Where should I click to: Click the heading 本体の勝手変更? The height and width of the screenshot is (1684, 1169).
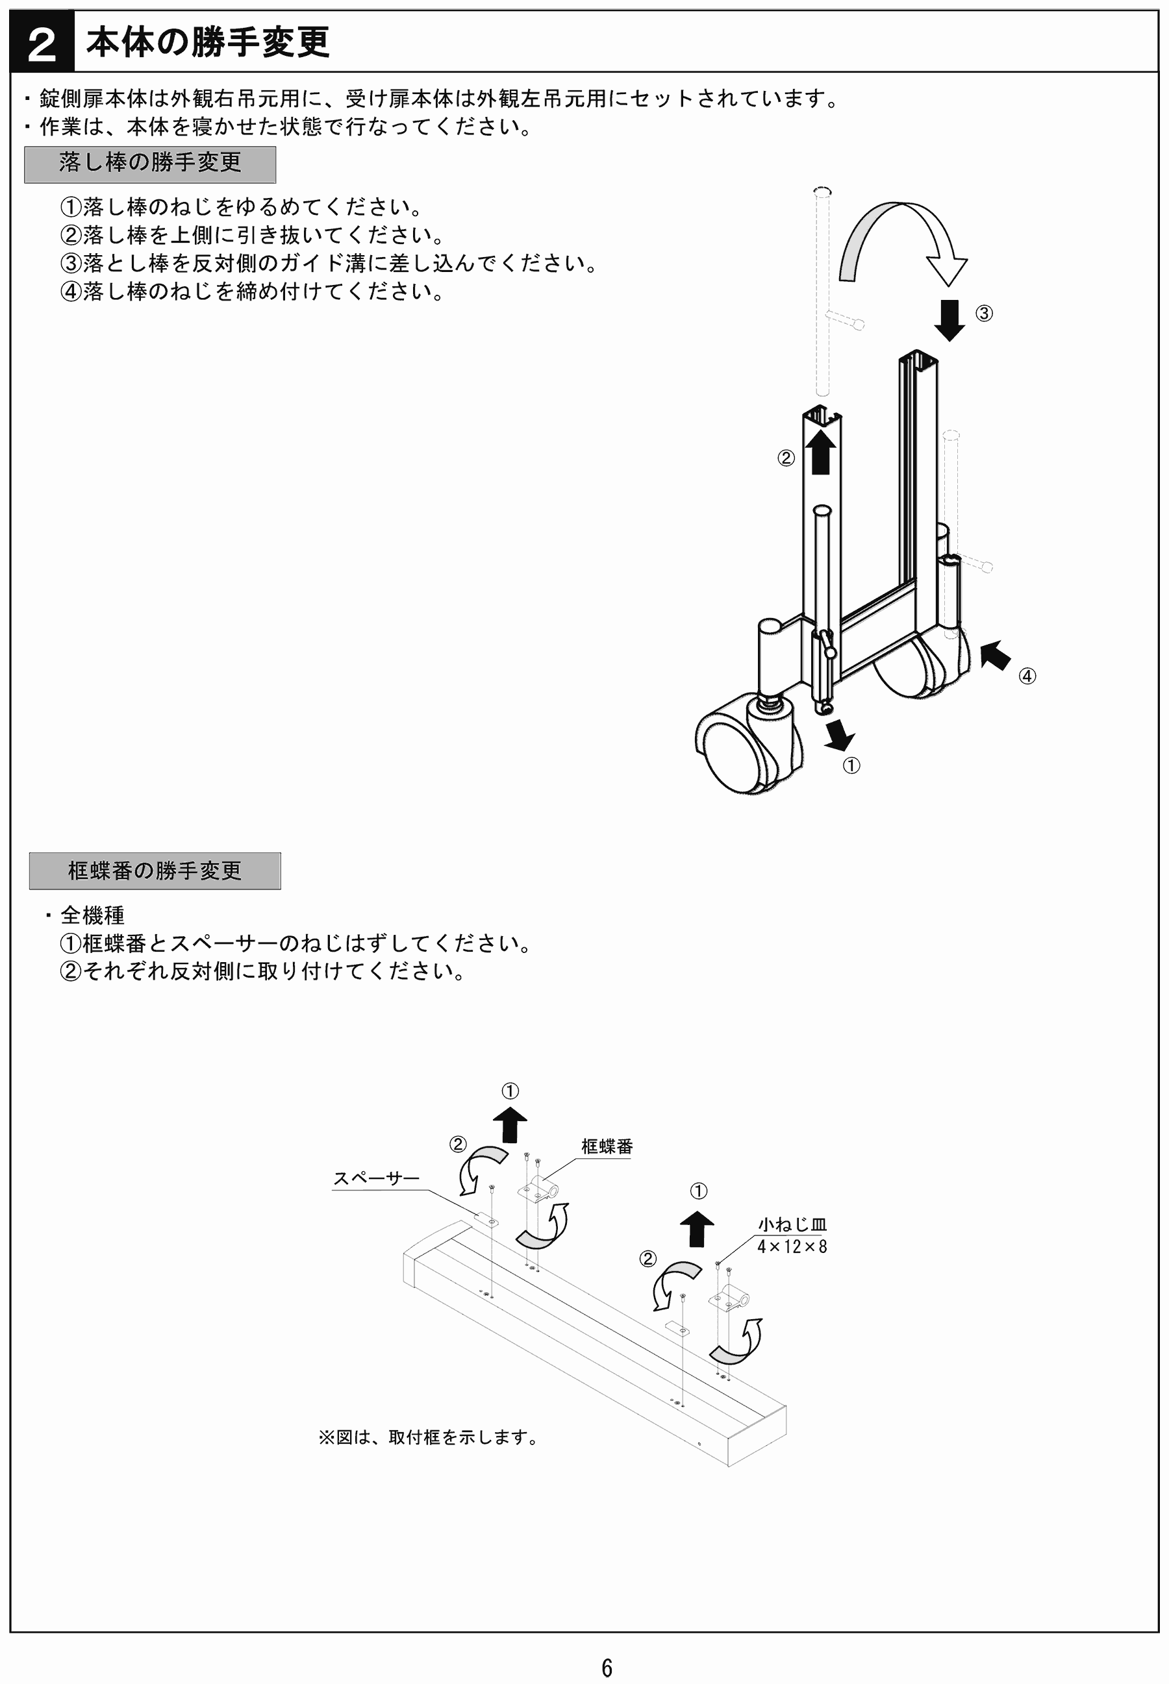[207, 42]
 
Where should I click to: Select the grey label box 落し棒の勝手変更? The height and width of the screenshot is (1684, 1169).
[150, 164]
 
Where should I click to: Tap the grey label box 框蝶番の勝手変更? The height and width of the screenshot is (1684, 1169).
[155, 871]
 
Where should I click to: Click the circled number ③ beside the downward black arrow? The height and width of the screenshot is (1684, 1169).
[984, 314]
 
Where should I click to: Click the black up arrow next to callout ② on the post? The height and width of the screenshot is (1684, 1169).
[820, 452]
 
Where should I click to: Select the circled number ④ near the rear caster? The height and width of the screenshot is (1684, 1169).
[1027, 676]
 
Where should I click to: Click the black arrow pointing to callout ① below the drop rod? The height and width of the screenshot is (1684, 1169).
[838, 734]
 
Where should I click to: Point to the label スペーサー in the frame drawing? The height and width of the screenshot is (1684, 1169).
[376, 1178]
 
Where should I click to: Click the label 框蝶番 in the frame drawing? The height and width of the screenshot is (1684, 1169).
[607, 1146]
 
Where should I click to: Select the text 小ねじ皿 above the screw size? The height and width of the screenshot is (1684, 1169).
[792, 1224]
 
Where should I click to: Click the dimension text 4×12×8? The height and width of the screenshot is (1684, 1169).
[792, 1246]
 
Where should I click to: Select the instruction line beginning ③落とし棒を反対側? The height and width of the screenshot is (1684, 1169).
[328, 263]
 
